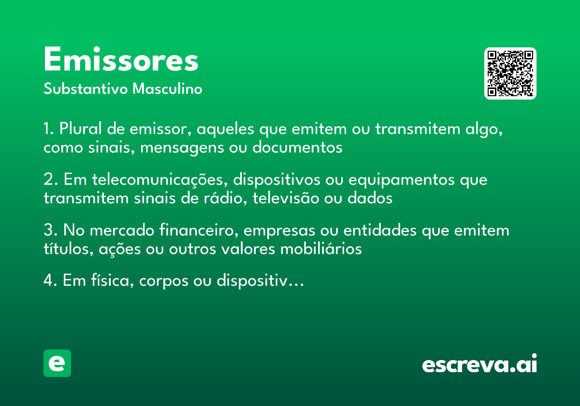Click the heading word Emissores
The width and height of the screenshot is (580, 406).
121,60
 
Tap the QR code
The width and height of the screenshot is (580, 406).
510,73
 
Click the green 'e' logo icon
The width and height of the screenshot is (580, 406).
57,363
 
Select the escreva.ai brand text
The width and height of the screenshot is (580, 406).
479,364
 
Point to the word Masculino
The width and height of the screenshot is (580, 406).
167,89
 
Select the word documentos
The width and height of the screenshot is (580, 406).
297,147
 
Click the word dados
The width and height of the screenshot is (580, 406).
370,198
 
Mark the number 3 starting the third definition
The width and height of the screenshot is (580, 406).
48,231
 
